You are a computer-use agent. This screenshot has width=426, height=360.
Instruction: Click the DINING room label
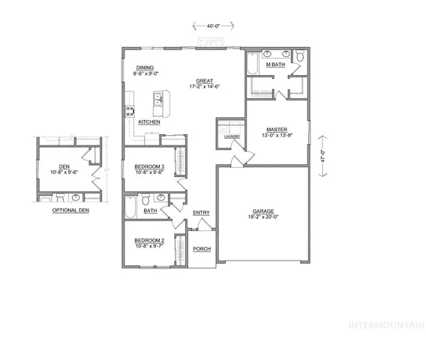coord(145,68)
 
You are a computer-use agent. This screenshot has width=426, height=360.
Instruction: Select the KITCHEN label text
coord(148,121)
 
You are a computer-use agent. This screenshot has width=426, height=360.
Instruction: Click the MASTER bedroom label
coord(277,129)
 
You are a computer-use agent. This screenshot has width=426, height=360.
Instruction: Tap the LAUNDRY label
coord(231,136)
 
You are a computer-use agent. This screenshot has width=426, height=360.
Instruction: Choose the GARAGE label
coord(262,211)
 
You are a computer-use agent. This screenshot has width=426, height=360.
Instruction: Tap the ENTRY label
coord(201,213)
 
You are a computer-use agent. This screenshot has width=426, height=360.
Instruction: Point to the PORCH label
coord(201,248)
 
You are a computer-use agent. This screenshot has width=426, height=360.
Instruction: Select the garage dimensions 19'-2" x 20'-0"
coord(262,217)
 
